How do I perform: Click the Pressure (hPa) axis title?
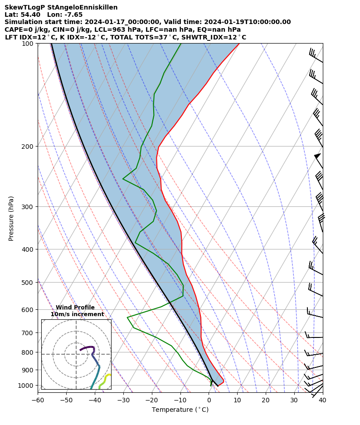tap(11, 218)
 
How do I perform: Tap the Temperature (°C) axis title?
tap(180, 410)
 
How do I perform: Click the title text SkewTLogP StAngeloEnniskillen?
tap(61, 7)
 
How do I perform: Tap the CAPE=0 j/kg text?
tap(24, 29)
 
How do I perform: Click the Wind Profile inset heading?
tap(75, 308)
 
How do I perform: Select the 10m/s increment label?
tap(77, 314)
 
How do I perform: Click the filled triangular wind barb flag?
tap(318, 156)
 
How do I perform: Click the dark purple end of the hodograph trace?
tap(81, 350)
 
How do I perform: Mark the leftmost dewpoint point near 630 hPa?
tap(128, 317)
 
